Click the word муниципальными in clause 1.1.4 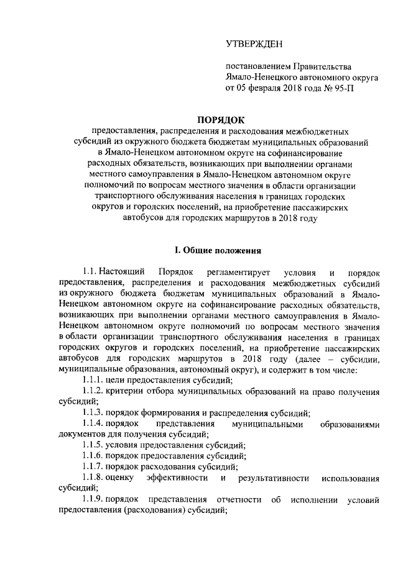267,424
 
